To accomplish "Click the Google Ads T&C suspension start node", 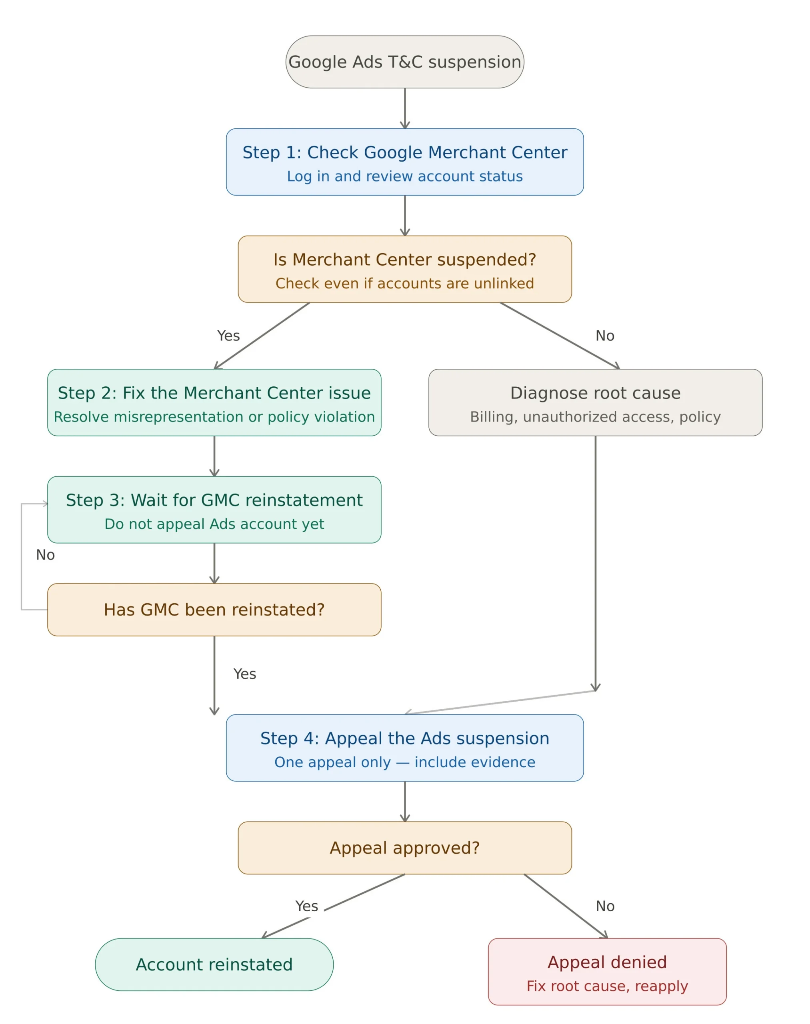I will click(x=404, y=62).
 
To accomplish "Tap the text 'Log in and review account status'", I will click(x=404, y=176).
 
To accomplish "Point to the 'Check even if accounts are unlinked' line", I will click(x=404, y=283).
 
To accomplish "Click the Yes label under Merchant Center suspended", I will click(x=228, y=336).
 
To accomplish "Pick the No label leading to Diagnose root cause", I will click(x=605, y=336).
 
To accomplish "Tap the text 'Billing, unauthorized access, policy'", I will click(x=595, y=416).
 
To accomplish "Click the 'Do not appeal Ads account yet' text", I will click(x=214, y=524).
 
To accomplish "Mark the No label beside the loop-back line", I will click(x=46, y=555).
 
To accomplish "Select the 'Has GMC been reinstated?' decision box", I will click(x=214, y=610).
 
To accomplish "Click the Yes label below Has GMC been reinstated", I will click(x=245, y=674).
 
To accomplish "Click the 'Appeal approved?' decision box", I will click(x=404, y=848).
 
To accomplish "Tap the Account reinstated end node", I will click(x=214, y=965).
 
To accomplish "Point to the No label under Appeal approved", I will click(x=605, y=906).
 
